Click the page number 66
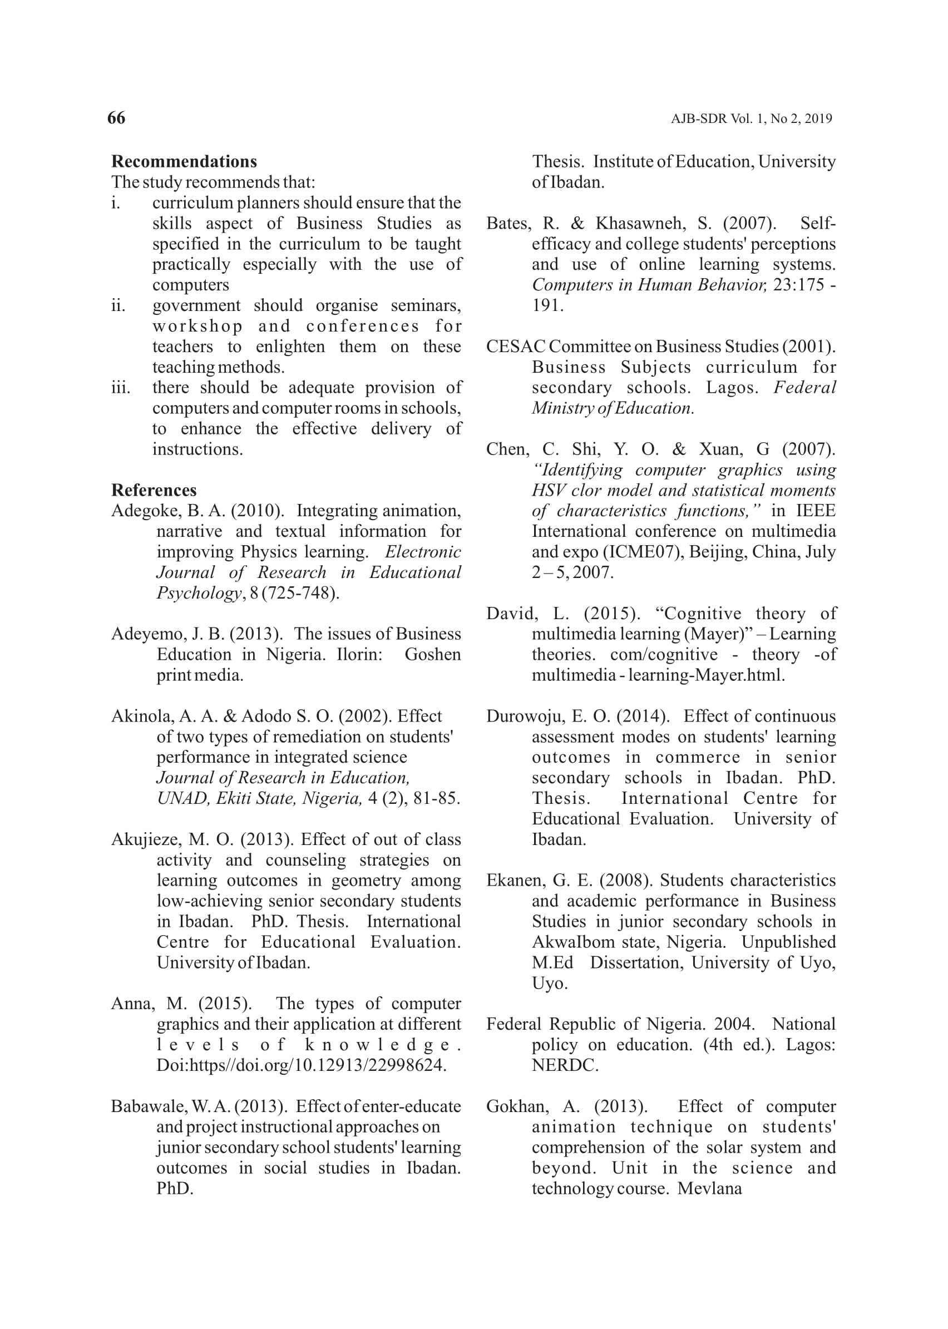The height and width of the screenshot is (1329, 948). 116,118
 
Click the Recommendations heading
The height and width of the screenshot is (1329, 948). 184,162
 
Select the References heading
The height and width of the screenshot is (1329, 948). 154,490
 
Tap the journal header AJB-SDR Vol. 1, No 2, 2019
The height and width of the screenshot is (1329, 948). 751,119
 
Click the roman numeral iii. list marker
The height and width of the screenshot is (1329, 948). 120,388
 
